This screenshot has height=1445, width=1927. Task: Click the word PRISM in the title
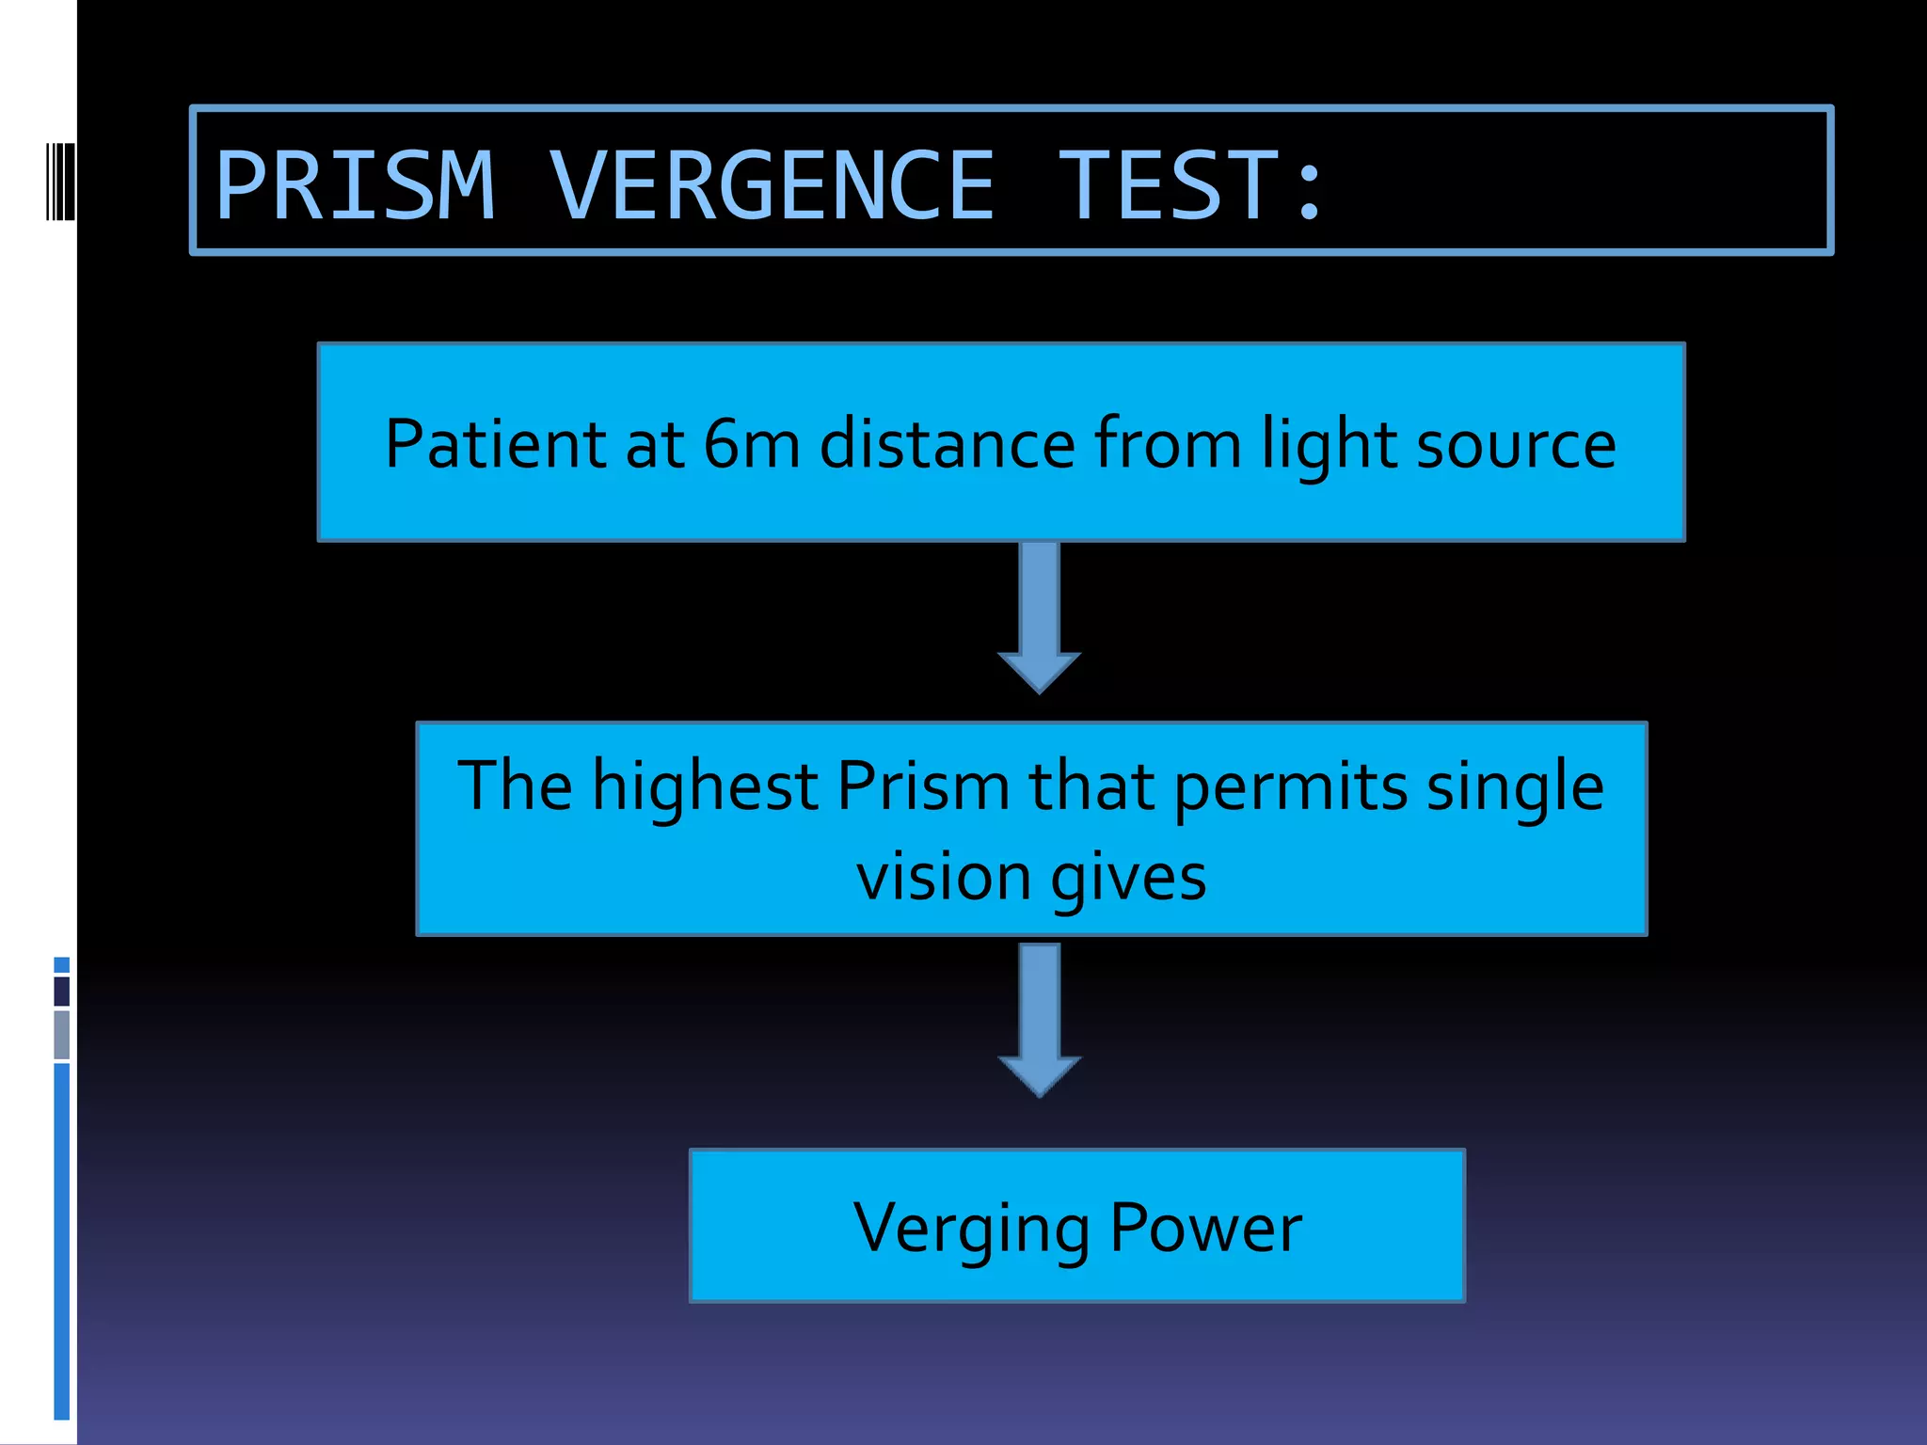click(x=355, y=185)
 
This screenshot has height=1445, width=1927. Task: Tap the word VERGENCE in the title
click(x=772, y=185)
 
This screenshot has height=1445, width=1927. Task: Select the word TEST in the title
click(x=1170, y=185)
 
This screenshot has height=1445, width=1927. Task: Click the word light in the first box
click(x=1330, y=445)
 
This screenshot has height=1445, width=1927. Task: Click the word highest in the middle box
click(x=705, y=786)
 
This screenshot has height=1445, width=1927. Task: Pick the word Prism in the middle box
click(x=923, y=785)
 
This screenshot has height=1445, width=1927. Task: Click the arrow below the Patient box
click(x=1040, y=616)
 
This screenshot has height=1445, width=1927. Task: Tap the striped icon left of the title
click(x=60, y=181)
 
